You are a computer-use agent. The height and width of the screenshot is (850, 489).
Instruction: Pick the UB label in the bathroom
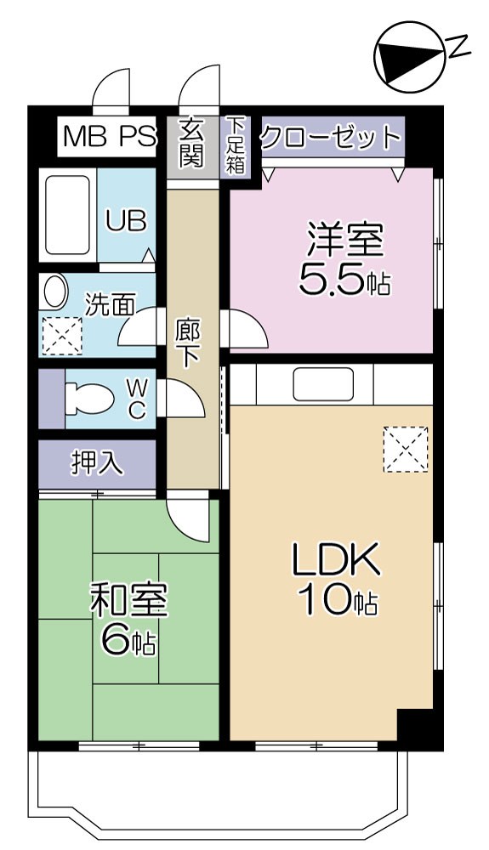[125, 220]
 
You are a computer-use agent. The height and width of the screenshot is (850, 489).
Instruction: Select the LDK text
[334, 561]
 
